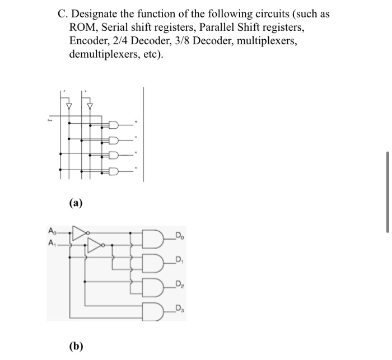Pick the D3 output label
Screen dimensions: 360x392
(x=179, y=308)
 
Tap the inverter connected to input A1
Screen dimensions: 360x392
(x=97, y=245)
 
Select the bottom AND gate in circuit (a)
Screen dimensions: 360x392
(x=114, y=171)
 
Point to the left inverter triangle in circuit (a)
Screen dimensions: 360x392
(x=69, y=105)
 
